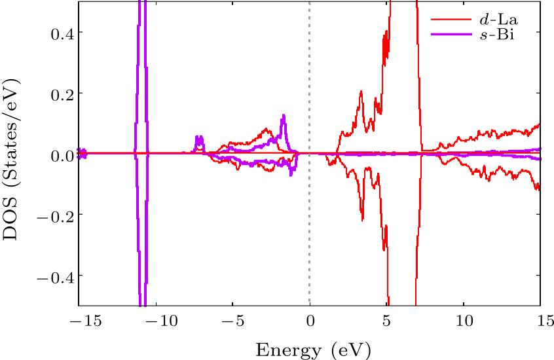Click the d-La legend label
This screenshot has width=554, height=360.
497,19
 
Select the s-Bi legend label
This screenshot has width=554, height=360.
497,34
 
